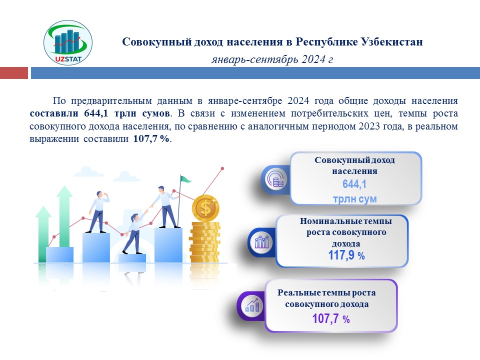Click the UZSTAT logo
[68, 42]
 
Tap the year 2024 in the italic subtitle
[313, 59]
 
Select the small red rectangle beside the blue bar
[14, 73]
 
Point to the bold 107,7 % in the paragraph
[151, 138]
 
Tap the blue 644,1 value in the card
[354, 184]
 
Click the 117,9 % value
[346, 255]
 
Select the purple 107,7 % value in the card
[331, 318]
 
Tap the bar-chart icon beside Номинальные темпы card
[261, 242]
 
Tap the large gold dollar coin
[205, 208]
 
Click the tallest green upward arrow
[64, 216]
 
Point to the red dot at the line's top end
[222, 168]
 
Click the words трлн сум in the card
[354, 199]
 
